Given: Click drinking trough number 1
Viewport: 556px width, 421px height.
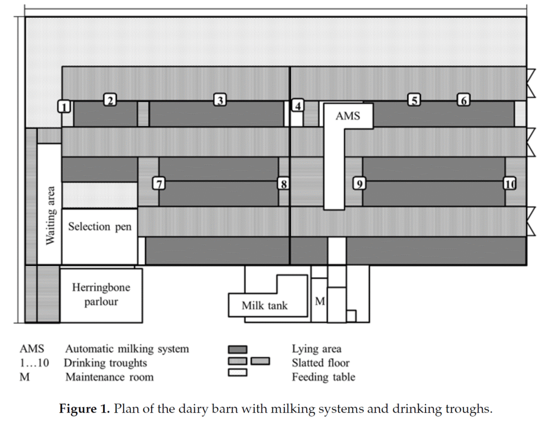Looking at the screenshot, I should (x=65, y=106).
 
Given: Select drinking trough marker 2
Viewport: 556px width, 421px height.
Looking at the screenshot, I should (x=110, y=100).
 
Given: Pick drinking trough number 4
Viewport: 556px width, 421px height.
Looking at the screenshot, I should (x=297, y=106).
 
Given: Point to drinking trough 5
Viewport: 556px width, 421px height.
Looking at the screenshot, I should (x=414, y=100).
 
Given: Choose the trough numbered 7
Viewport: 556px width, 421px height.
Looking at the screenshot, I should (x=159, y=183).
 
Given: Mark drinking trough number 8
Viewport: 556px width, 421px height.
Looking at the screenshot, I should (x=283, y=183).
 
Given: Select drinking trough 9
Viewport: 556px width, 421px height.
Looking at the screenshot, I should (x=358, y=183).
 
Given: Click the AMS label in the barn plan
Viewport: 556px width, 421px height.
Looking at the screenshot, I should (x=347, y=116).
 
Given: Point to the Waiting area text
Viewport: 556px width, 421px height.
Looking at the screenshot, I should (x=49, y=215).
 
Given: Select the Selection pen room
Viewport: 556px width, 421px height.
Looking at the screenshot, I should (x=99, y=227).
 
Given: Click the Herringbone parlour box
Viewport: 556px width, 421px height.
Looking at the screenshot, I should (x=101, y=295).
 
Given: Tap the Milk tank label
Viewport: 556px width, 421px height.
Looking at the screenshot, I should (x=264, y=306).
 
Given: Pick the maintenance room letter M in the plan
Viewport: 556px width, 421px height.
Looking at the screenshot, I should (x=320, y=300).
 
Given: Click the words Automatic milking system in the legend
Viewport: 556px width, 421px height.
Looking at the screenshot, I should (x=127, y=349).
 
